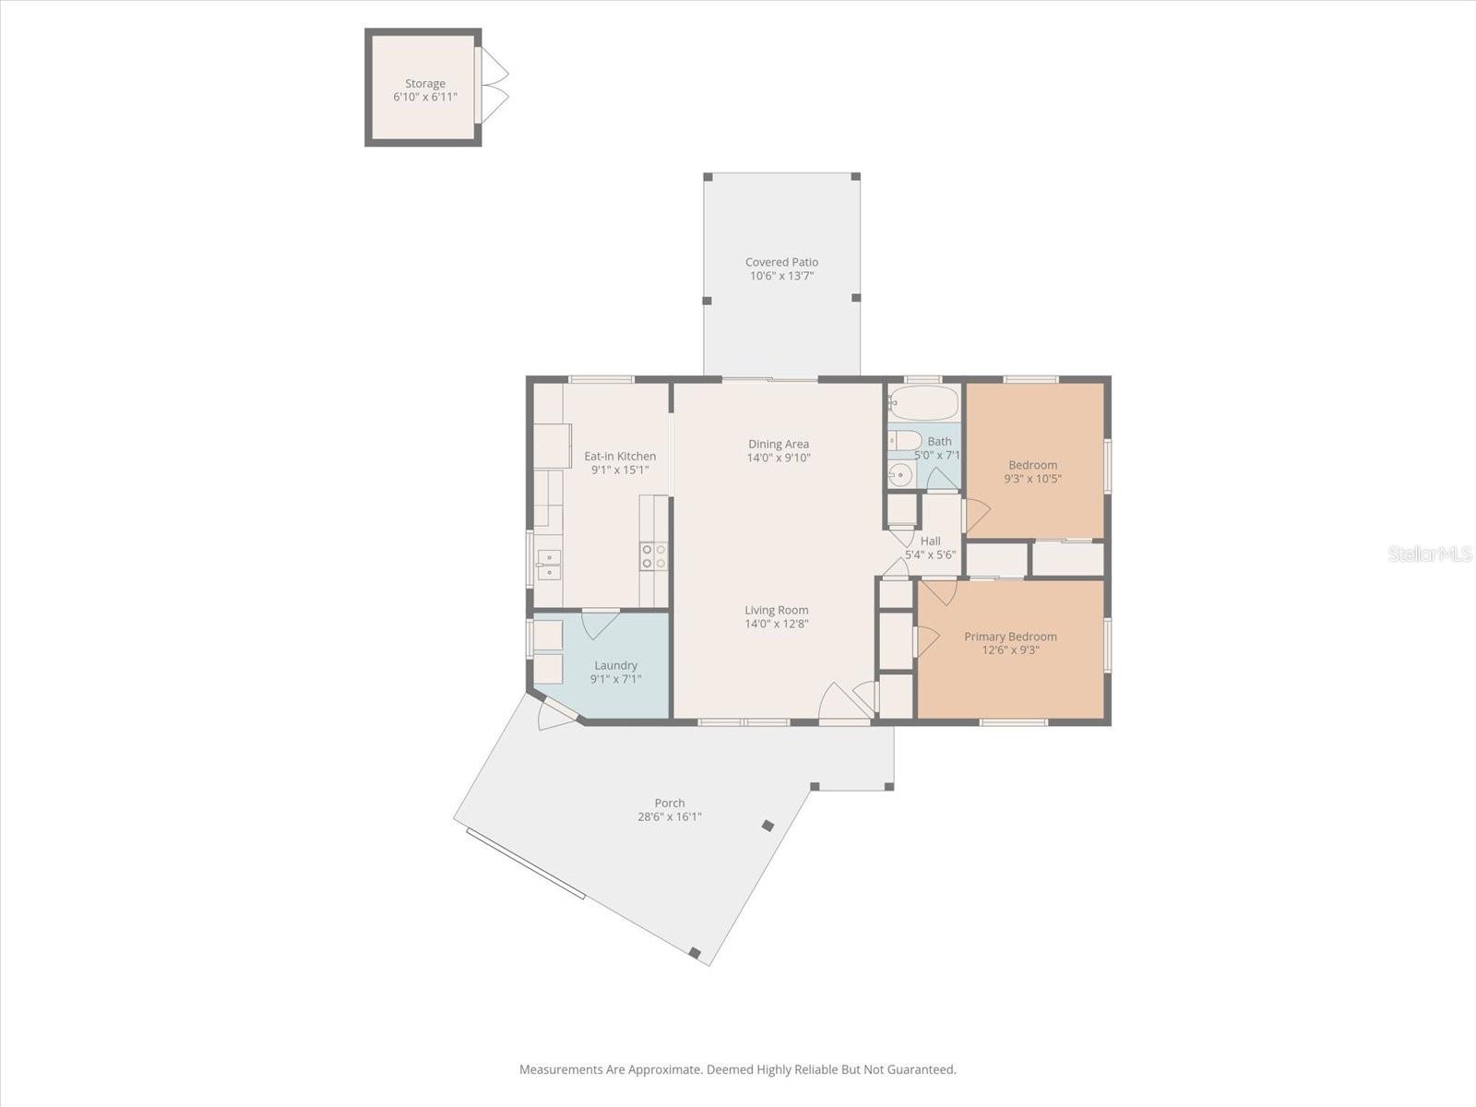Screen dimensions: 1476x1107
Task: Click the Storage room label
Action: (x=425, y=83)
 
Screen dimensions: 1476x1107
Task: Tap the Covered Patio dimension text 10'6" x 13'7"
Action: (x=781, y=276)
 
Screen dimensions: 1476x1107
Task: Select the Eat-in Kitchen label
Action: (x=619, y=457)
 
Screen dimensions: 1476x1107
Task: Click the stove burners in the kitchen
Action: (x=654, y=556)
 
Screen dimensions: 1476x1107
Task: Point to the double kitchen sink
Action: (x=549, y=565)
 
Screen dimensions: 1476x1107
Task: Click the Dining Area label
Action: (x=779, y=445)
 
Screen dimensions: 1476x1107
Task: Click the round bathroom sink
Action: (x=899, y=475)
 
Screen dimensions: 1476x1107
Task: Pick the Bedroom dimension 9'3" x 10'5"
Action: (x=1033, y=479)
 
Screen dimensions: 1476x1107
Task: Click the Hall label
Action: (x=931, y=541)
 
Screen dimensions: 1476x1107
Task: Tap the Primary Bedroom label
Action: (x=1010, y=637)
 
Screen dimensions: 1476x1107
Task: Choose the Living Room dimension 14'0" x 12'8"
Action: (x=776, y=624)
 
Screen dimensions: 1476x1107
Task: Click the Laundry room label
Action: (x=615, y=665)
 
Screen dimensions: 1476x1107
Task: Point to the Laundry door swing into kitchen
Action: (x=600, y=624)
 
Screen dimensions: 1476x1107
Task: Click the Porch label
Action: (x=670, y=803)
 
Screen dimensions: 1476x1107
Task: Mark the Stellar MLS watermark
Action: (x=1430, y=554)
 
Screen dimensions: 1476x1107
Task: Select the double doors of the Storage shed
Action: (x=492, y=86)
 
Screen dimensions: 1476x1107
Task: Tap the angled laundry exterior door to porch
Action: (x=557, y=713)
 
